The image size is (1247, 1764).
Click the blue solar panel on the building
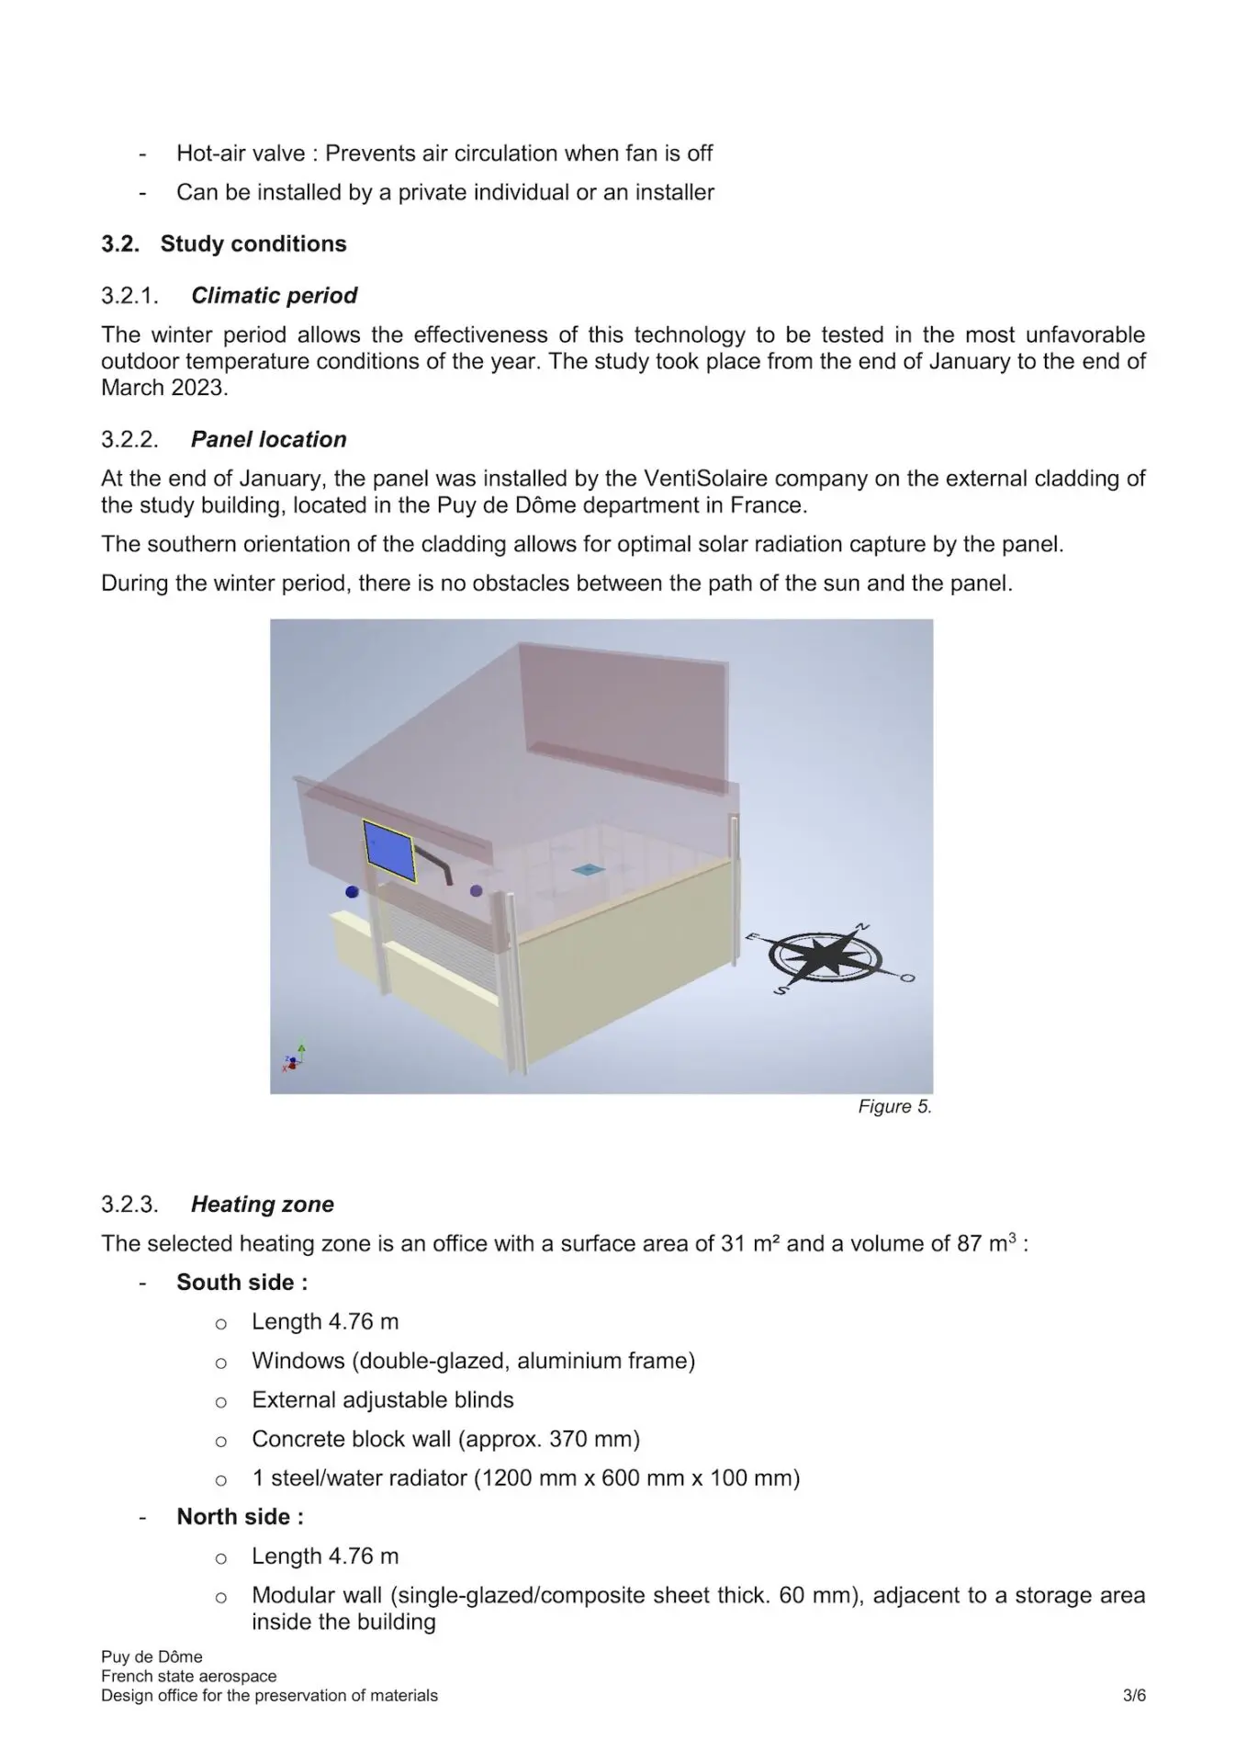(x=389, y=850)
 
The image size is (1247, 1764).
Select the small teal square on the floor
(x=584, y=869)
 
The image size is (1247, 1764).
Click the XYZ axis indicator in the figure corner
(x=295, y=1059)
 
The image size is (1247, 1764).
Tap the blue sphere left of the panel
(x=352, y=891)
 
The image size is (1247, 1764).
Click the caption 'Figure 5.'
(x=894, y=1106)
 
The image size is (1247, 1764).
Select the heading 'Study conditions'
(x=253, y=243)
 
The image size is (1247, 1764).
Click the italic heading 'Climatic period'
(x=274, y=295)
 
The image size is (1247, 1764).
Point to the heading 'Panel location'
(x=268, y=439)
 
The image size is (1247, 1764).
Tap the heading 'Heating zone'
(x=262, y=1204)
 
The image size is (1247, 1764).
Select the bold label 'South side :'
(x=242, y=1282)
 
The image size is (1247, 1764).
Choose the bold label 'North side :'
(x=240, y=1516)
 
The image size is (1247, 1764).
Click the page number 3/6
(x=1134, y=1695)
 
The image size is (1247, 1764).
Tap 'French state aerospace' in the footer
(x=188, y=1676)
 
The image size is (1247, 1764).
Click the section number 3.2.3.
(x=129, y=1204)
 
